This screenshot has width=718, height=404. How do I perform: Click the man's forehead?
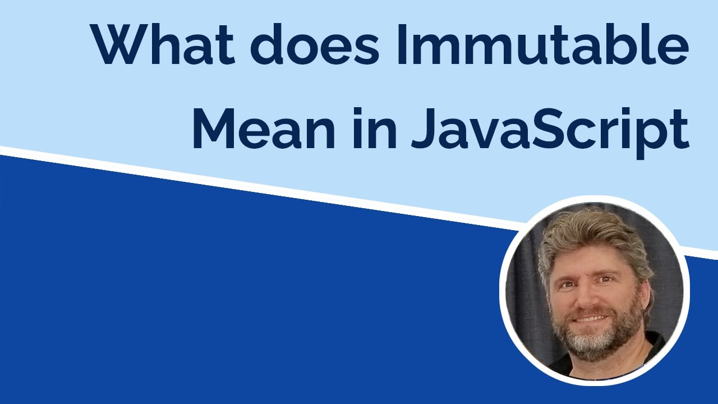[x=583, y=261]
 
